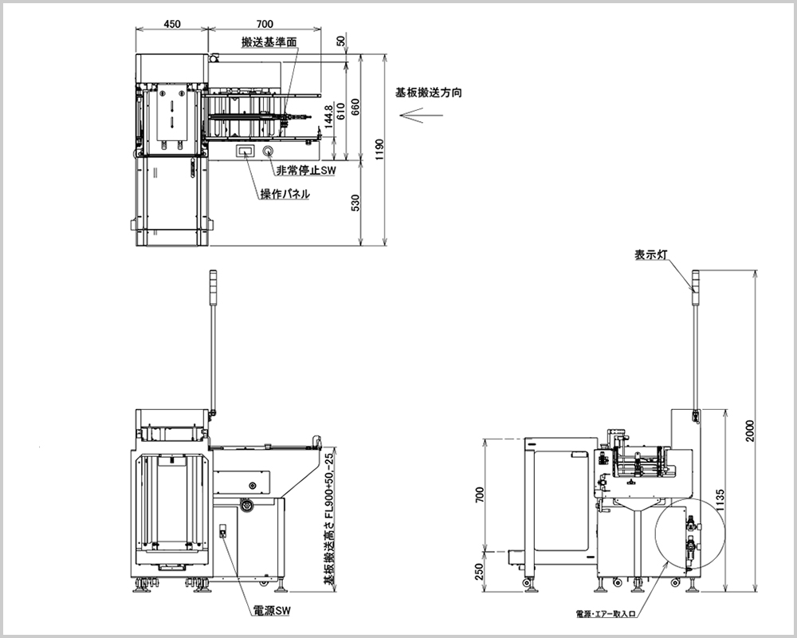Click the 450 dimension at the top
(171, 24)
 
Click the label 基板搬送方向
(429, 93)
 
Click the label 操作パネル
(285, 194)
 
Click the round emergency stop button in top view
(268, 151)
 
